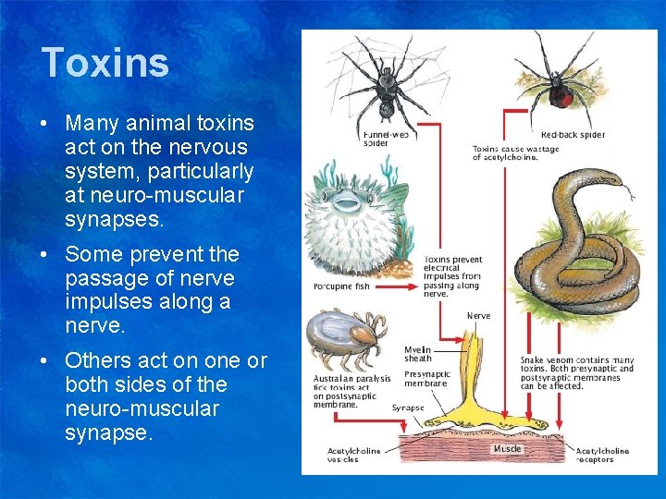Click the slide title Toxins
click(x=105, y=63)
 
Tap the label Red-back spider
click(x=573, y=135)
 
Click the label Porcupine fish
click(x=342, y=286)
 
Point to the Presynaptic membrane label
click(x=427, y=380)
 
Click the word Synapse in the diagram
click(x=408, y=408)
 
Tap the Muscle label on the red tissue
click(x=506, y=449)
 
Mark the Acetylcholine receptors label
click(x=602, y=456)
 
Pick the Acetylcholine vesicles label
click(x=353, y=456)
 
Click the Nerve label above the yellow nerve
click(x=479, y=316)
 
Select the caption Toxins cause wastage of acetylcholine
click(x=515, y=152)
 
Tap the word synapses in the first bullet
click(x=114, y=220)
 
